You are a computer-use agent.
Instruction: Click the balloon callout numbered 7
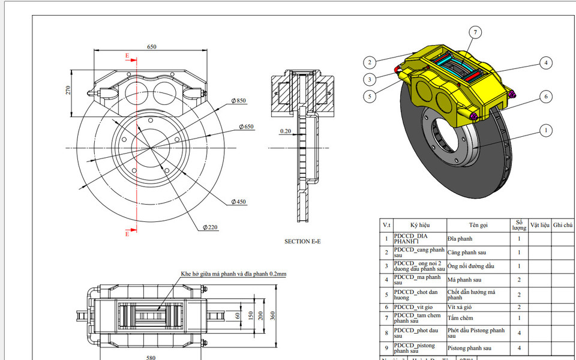(x=475, y=32)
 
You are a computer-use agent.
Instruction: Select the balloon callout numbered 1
(x=546, y=129)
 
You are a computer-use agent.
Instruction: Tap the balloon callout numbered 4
(x=545, y=62)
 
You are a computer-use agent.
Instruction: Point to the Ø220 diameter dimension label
(x=209, y=227)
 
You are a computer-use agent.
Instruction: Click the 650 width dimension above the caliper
(x=152, y=47)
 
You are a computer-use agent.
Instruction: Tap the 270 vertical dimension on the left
(x=68, y=91)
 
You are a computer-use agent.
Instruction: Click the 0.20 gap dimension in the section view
(x=285, y=131)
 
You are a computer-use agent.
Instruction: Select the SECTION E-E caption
(x=302, y=241)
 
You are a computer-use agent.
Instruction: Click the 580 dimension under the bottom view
(x=151, y=358)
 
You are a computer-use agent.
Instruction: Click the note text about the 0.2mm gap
(x=233, y=274)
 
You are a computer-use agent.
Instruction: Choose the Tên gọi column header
(x=478, y=224)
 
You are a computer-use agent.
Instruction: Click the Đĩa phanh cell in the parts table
(x=460, y=239)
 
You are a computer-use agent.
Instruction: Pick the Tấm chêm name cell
(x=460, y=318)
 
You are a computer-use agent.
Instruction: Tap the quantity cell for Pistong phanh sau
(x=518, y=348)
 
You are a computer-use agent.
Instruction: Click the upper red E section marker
(x=127, y=56)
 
